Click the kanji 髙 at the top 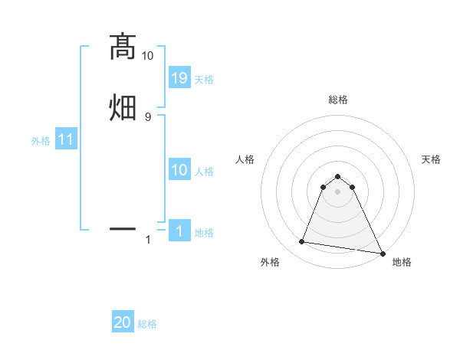coord(122,47)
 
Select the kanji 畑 coord(122,108)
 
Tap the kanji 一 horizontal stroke coord(122,227)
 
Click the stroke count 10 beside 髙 coord(147,56)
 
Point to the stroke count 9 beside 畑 coord(147,116)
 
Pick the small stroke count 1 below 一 coord(148,240)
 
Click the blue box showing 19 coord(179,77)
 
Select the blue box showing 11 coord(66,140)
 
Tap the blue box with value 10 coord(179,170)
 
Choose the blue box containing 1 coord(179,231)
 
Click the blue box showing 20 coord(123,323)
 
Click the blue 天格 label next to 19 coord(204,79)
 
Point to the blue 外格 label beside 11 coord(41,141)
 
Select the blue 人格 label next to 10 coord(204,172)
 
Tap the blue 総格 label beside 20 coord(147,324)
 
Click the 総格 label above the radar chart coord(338,100)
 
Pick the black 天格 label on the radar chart coord(431,159)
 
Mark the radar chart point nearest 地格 coord(383,253)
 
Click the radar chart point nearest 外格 coord(302,242)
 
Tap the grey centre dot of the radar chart coord(338,191)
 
